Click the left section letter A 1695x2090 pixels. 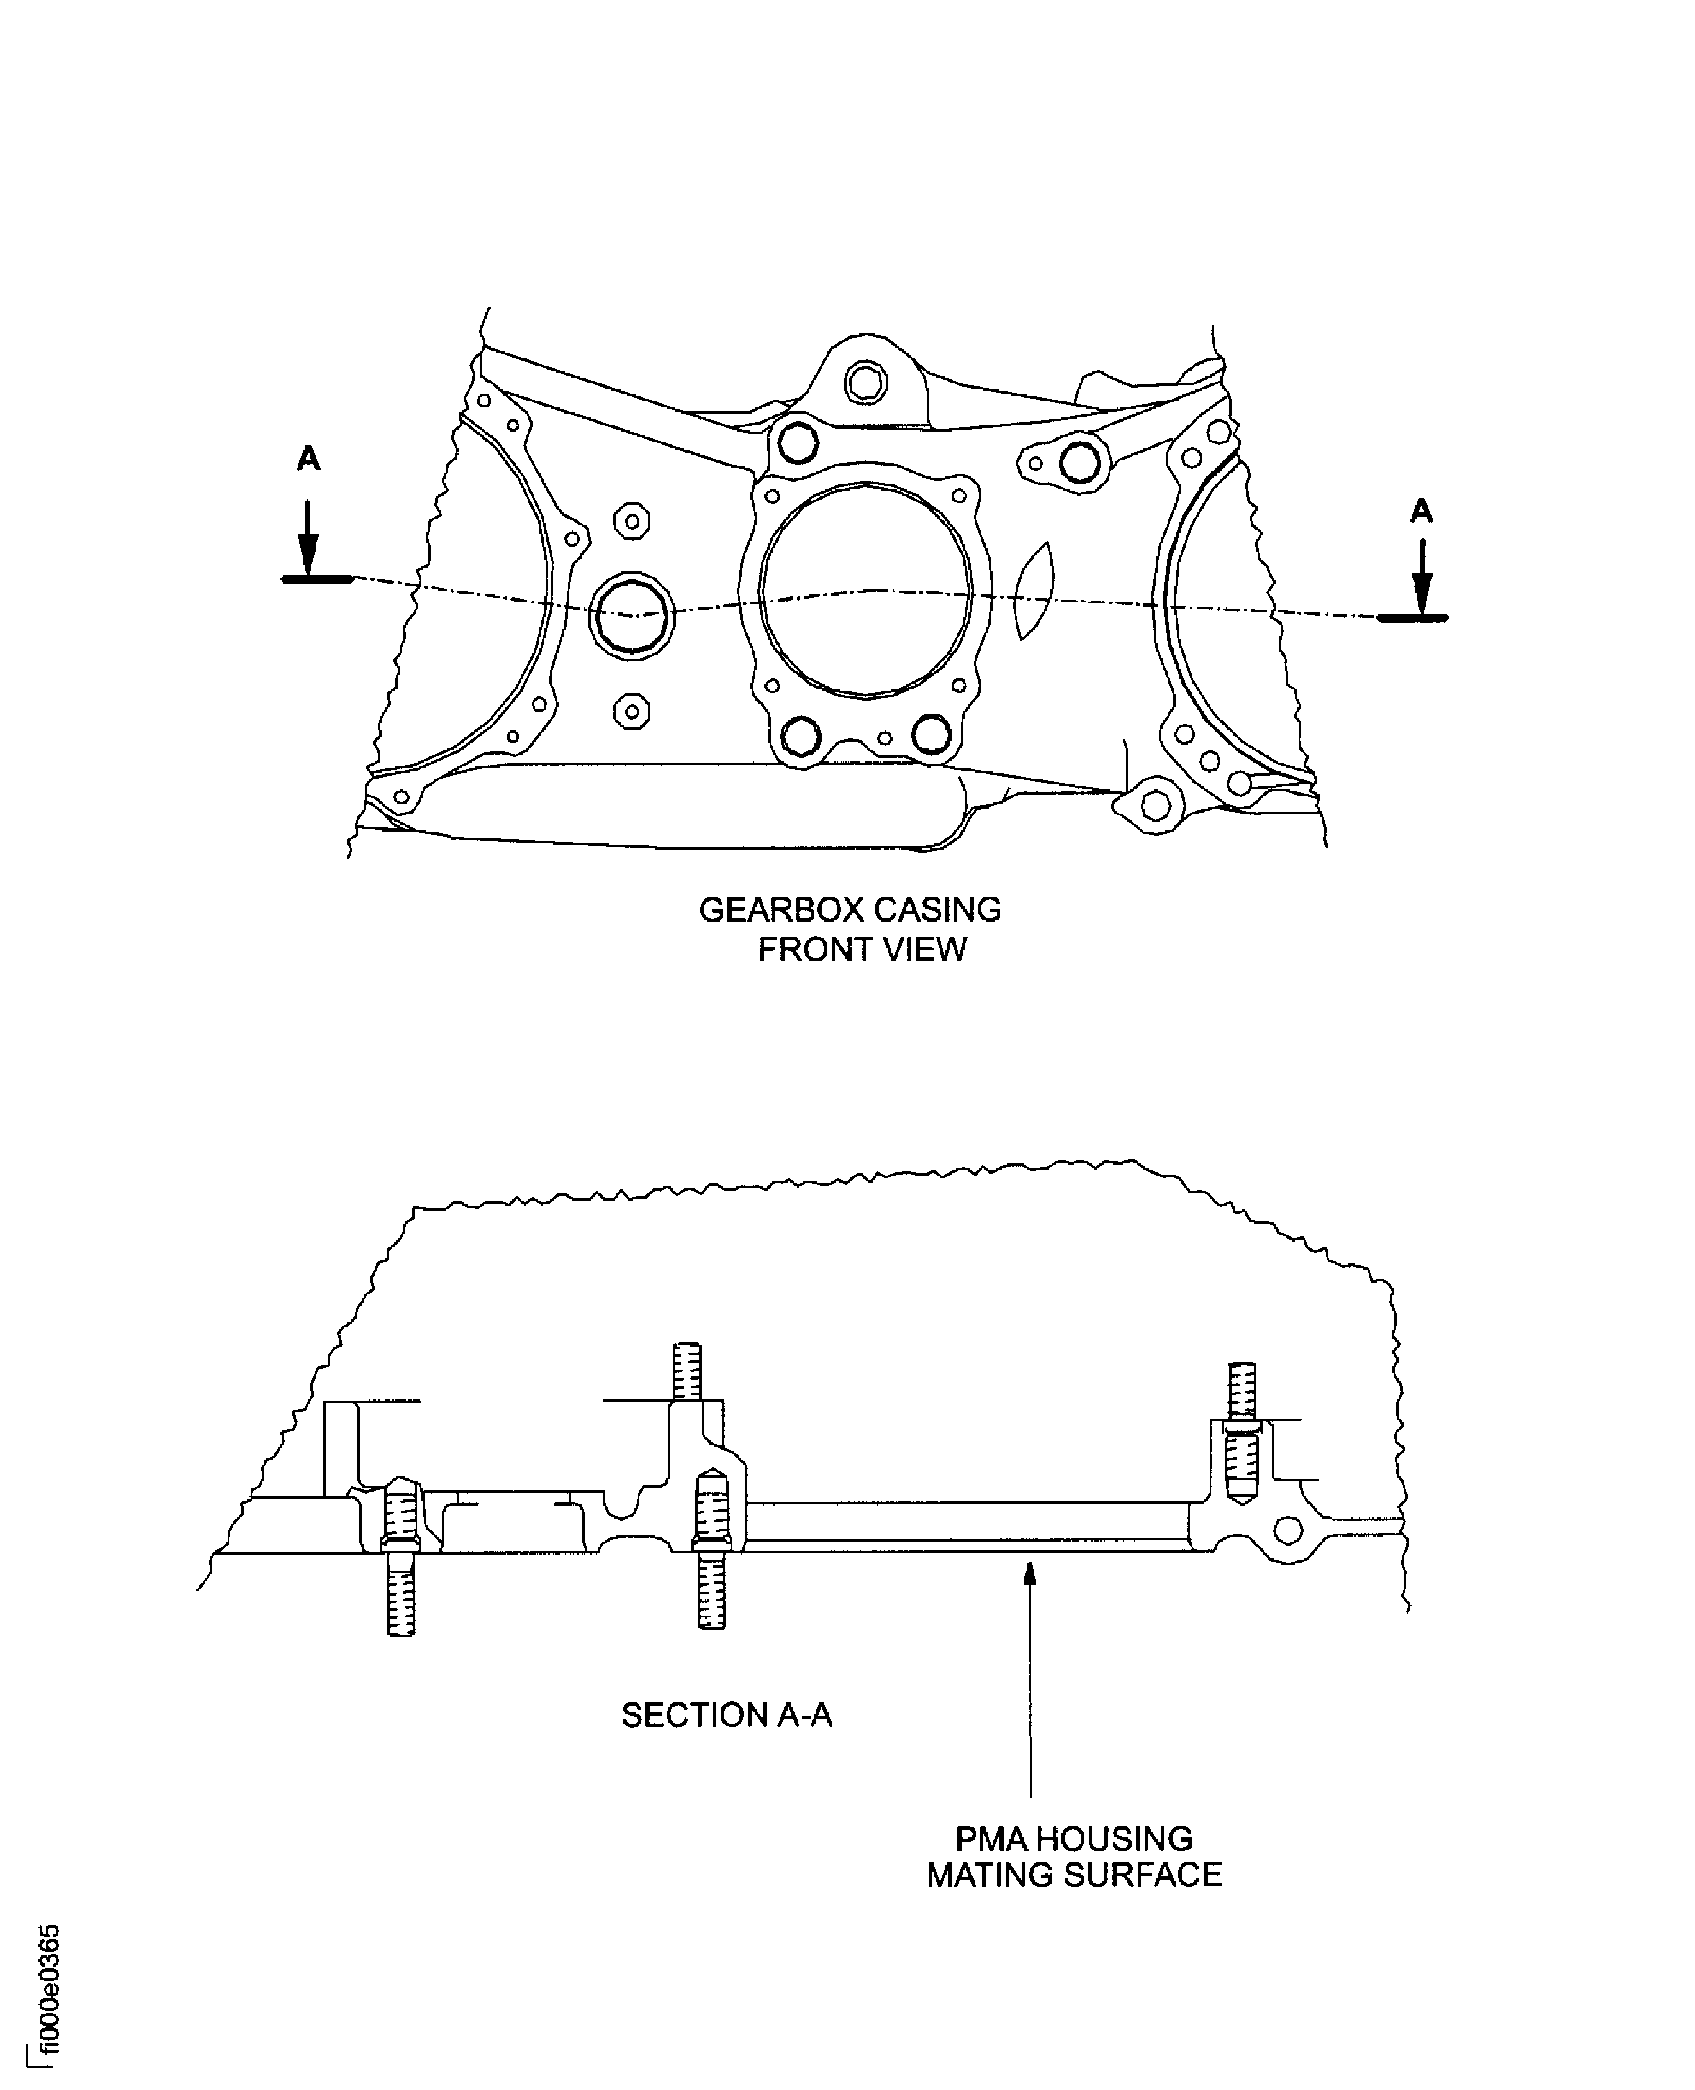[308, 458]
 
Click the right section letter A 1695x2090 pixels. [1422, 510]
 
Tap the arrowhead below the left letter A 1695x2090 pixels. [308, 560]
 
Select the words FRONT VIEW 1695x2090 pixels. [862, 950]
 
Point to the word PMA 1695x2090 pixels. [991, 1839]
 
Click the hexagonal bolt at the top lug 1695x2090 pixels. [865, 383]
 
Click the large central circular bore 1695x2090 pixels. [866, 591]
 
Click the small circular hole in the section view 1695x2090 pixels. [1288, 1530]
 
